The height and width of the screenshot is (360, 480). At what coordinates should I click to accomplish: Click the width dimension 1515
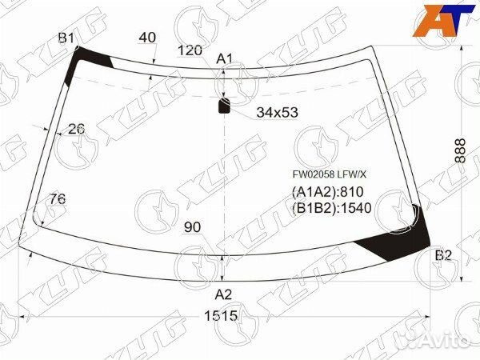(x=221, y=316)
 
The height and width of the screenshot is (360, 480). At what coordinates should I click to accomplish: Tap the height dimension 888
(x=460, y=150)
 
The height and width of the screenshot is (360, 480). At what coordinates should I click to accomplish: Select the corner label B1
(x=66, y=38)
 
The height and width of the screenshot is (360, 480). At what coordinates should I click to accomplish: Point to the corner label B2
(x=443, y=255)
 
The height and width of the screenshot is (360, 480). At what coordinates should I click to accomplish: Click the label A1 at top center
(x=225, y=58)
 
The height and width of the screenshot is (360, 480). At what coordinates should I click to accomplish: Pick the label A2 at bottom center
(x=223, y=294)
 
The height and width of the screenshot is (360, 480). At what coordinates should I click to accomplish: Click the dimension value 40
(x=147, y=38)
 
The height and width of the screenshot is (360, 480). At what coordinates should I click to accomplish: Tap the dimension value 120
(x=190, y=50)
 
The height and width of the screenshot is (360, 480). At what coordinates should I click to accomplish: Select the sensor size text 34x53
(x=277, y=112)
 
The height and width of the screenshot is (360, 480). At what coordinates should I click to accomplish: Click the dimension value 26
(x=76, y=129)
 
